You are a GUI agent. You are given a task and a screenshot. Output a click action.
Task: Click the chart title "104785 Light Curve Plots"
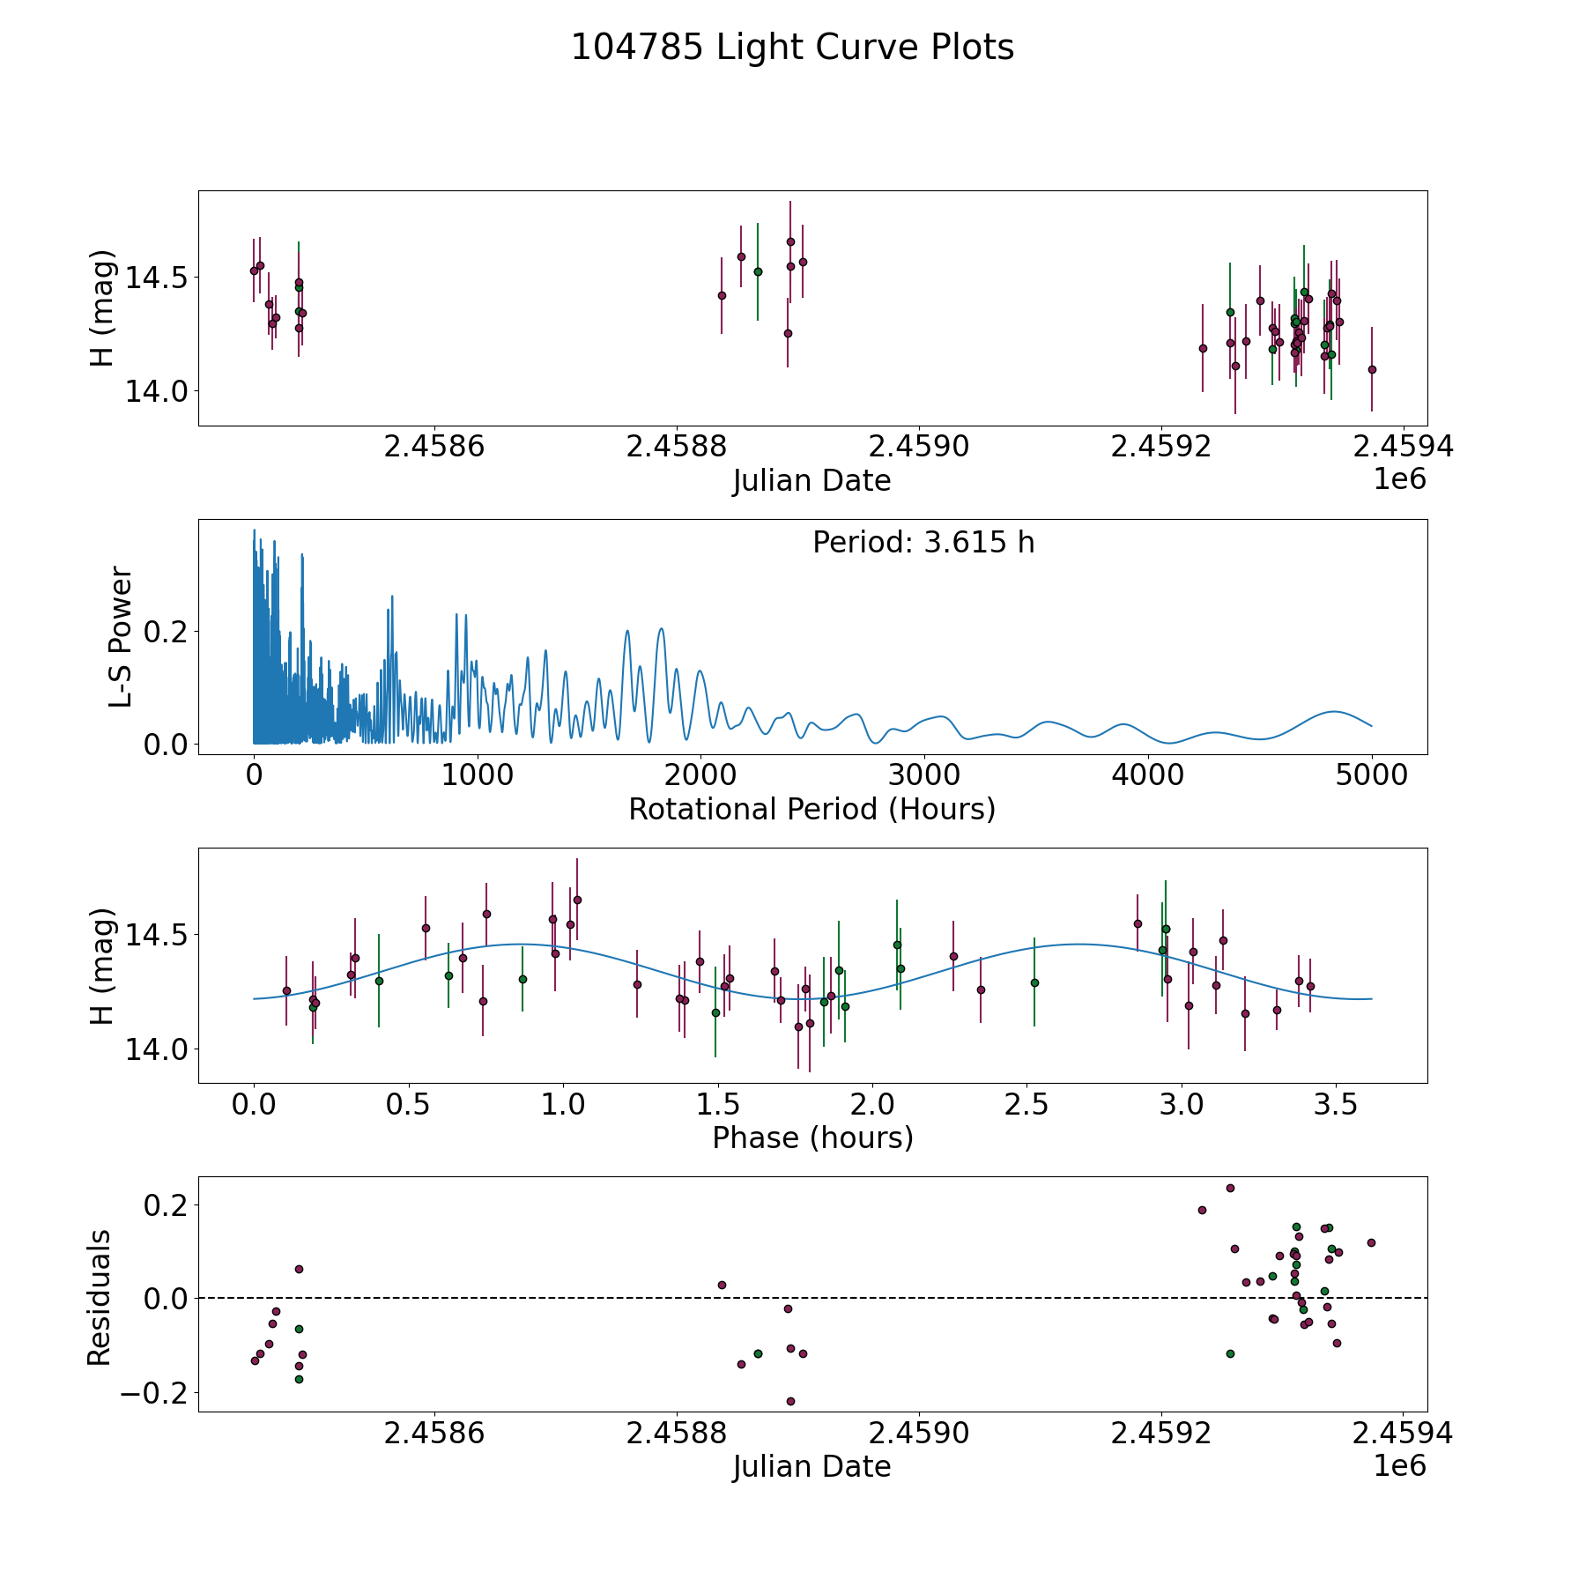tap(792, 48)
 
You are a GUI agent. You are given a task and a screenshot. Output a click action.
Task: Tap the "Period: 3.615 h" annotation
tap(923, 543)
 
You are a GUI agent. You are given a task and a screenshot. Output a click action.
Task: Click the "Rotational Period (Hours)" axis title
tap(812, 809)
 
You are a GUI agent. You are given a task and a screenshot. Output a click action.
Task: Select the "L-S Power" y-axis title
tap(121, 637)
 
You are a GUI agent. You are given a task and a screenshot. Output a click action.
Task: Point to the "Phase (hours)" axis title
tap(812, 1138)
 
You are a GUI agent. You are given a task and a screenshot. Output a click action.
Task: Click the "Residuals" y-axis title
tap(100, 1298)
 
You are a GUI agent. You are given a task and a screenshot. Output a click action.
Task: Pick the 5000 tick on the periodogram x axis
tap(1371, 775)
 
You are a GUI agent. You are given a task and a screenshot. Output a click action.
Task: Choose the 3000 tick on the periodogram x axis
tap(924, 775)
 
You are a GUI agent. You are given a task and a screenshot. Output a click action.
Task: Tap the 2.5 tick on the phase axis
tap(1026, 1104)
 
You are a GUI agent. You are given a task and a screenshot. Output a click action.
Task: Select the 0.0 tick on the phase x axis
tap(254, 1104)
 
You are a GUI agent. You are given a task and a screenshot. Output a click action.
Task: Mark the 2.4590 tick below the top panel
tap(918, 447)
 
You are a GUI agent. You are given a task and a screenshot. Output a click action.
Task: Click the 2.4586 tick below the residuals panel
tap(434, 1434)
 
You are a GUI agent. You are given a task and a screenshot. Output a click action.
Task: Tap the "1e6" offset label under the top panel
tap(1399, 479)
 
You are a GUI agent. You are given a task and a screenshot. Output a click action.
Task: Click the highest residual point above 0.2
tap(1230, 1188)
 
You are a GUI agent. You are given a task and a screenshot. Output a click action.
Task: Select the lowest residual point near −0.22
tap(790, 1401)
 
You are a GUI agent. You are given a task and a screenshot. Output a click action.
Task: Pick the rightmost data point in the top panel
tap(1372, 369)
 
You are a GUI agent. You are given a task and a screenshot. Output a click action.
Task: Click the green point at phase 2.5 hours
tap(1034, 982)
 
